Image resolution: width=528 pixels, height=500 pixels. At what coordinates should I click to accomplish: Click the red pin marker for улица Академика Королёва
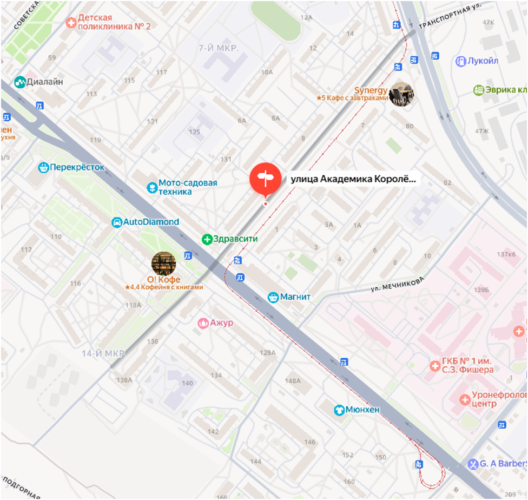tap(265, 178)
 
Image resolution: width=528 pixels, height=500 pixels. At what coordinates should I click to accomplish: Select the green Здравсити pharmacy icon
tap(206, 239)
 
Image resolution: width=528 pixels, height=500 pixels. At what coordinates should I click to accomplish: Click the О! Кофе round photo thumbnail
tap(163, 264)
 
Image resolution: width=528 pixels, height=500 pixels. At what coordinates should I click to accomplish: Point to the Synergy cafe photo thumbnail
tap(401, 94)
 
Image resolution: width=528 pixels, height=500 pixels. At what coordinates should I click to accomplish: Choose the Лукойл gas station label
tap(483, 61)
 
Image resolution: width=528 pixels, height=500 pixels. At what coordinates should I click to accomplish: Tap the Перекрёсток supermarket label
tap(77, 168)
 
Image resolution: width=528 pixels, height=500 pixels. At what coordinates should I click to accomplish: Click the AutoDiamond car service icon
tap(117, 222)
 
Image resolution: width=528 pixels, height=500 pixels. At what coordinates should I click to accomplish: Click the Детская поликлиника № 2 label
tap(114, 22)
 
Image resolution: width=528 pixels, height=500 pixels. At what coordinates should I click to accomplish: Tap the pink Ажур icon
tap(203, 323)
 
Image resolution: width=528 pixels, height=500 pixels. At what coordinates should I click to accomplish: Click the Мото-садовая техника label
tap(187, 187)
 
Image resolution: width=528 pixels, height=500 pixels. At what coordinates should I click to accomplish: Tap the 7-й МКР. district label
tap(219, 49)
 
